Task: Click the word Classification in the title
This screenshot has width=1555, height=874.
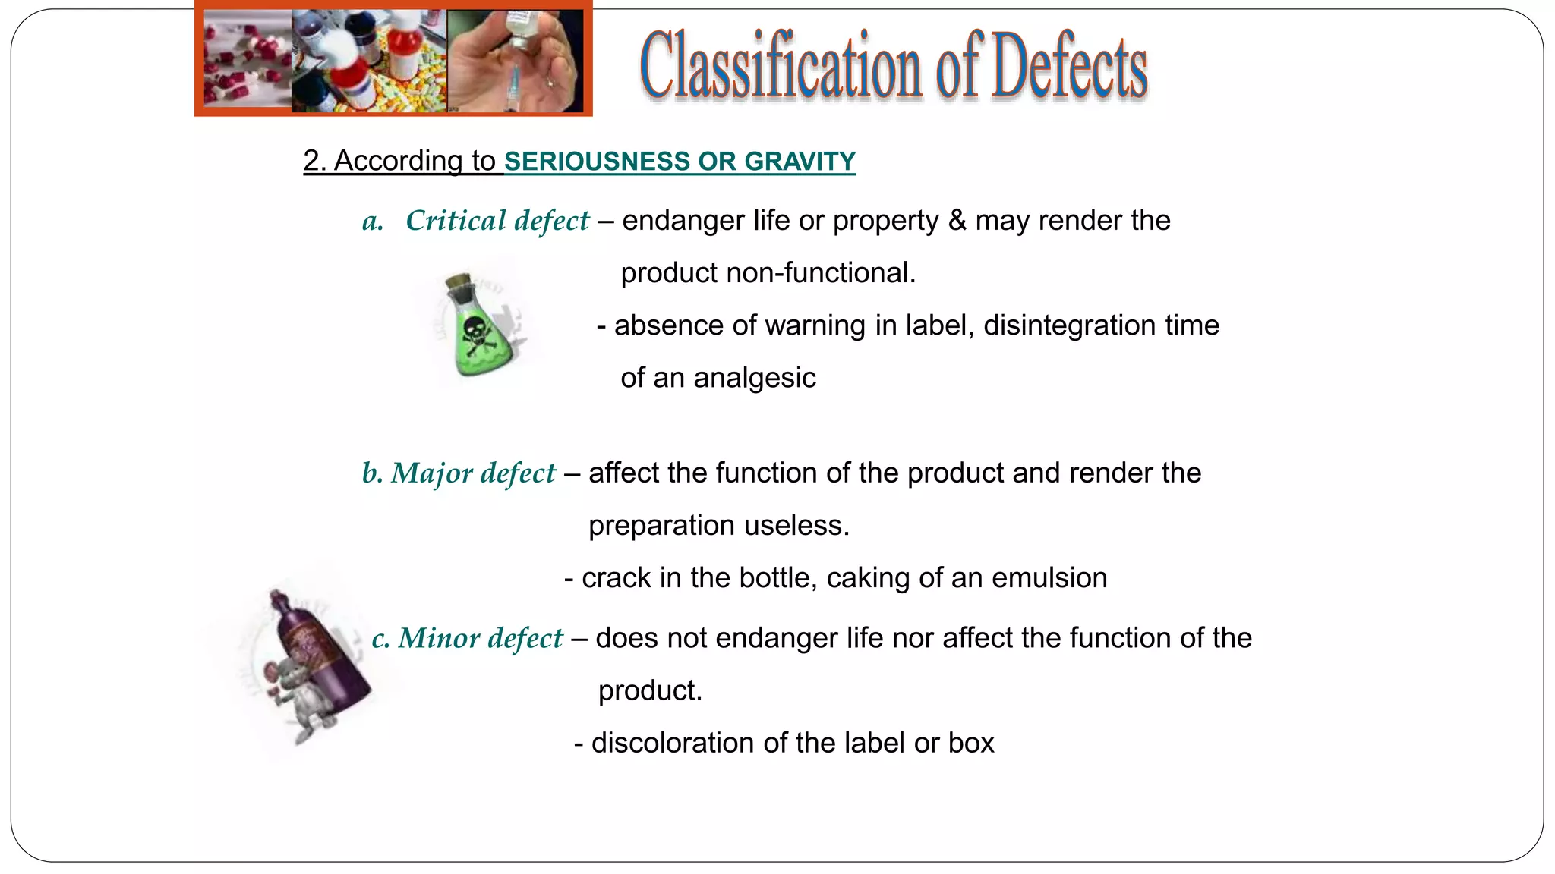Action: pos(781,67)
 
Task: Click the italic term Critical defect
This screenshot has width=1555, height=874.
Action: pos(497,221)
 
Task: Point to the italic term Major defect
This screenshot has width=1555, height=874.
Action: pos(473,473)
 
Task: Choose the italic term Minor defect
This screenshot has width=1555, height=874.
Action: pos(481,639)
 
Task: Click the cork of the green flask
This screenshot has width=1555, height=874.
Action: pos(459,281)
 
